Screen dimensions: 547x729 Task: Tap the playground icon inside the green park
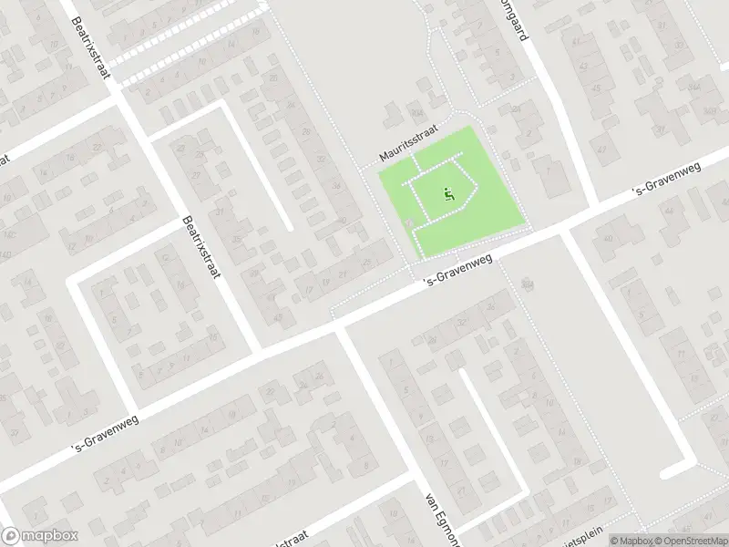(x=447, y=194)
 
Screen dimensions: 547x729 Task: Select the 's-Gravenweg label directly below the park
(x=458, y=270)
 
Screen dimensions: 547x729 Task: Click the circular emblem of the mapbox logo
(x=12, y=535)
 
